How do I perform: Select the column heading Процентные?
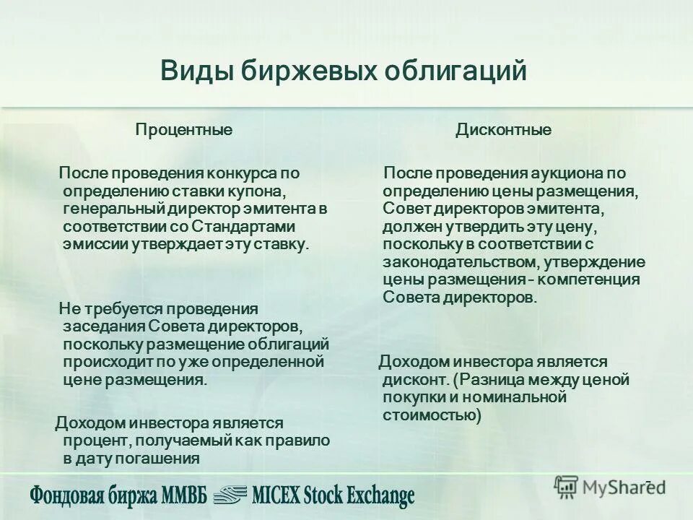[x=184, y=130]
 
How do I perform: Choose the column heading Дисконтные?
[x=503, y=130]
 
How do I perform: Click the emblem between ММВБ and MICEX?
[x=229, y=494]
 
